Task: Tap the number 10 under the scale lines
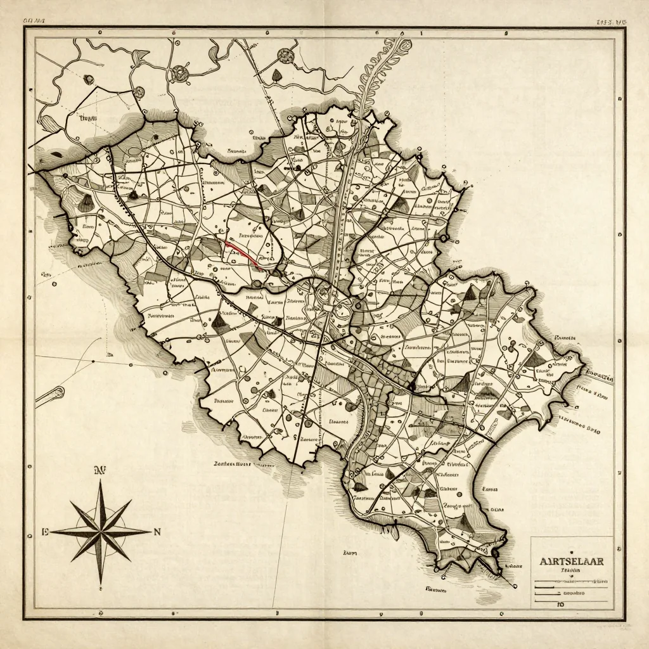tap(560, 605)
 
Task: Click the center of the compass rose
tap(101, 531)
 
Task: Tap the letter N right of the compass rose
tap(157, 532)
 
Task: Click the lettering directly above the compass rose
tap(99, 470)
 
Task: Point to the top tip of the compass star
tap(101, 480)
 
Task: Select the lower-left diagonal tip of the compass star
tap(71, 562)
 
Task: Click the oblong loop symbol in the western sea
tap(49, 396)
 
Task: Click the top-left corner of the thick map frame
tap(25, 29)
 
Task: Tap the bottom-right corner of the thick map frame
tap(624, 619)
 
